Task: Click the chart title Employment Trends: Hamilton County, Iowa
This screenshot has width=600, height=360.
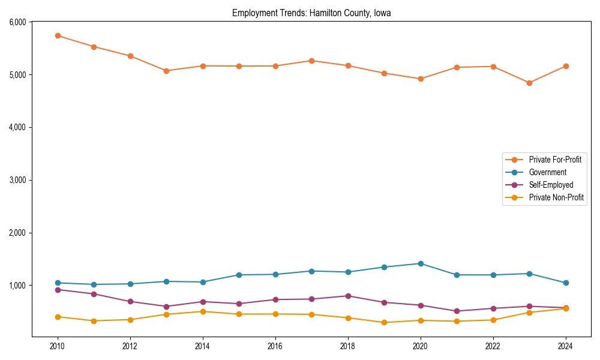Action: [311, 13]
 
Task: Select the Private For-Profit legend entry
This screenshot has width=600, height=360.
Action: [554, 160]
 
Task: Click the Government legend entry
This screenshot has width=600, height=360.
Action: [547, 172]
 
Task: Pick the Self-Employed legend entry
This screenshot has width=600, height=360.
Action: [551, 185]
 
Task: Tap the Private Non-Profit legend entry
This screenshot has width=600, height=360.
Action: [556, 197]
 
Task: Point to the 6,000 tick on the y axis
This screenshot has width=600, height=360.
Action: [17, 22]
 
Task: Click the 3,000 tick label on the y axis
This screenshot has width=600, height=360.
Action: [17, 180]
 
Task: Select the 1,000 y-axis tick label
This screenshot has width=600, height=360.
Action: [17, 286]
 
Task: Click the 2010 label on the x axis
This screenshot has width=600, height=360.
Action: [58, 346]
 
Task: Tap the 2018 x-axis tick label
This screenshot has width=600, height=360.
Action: [348, 346]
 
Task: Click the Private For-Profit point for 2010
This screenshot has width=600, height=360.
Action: [58, 35]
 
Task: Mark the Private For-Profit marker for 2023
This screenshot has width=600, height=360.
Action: [529, 83]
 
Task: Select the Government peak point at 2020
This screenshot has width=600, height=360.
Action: [421, 263]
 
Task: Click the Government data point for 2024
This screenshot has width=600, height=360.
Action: [566, 283]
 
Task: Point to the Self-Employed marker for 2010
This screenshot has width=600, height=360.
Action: [58, 290]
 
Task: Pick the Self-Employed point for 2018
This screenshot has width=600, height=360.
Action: [348, 296]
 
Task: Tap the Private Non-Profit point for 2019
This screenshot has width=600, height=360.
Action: [384, 322]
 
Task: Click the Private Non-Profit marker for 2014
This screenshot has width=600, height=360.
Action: [203, 311]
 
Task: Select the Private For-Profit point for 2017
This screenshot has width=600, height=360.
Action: [311, 61]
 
